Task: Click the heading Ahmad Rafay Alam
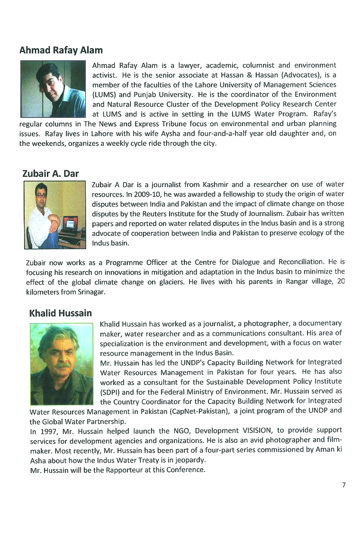tap(61, 50)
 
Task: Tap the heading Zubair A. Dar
tap(50, 174)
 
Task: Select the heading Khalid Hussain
tap(60, 313)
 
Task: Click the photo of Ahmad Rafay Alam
tap(53, 89)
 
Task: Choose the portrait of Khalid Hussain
tap(62, 364)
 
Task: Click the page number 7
tap(344, 485)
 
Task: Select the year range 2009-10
tap(137, 194)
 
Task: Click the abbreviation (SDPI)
tap(111, 392)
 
